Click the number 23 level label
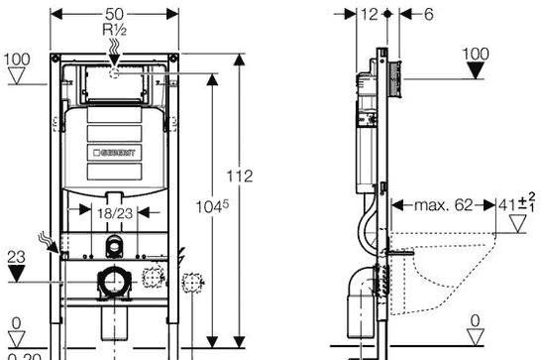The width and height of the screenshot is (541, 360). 14,254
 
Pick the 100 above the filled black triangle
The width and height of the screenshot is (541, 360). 477,52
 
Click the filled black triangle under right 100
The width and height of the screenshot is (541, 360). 477,70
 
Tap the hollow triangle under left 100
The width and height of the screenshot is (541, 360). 16,75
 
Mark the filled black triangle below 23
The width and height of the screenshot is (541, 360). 15,271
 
